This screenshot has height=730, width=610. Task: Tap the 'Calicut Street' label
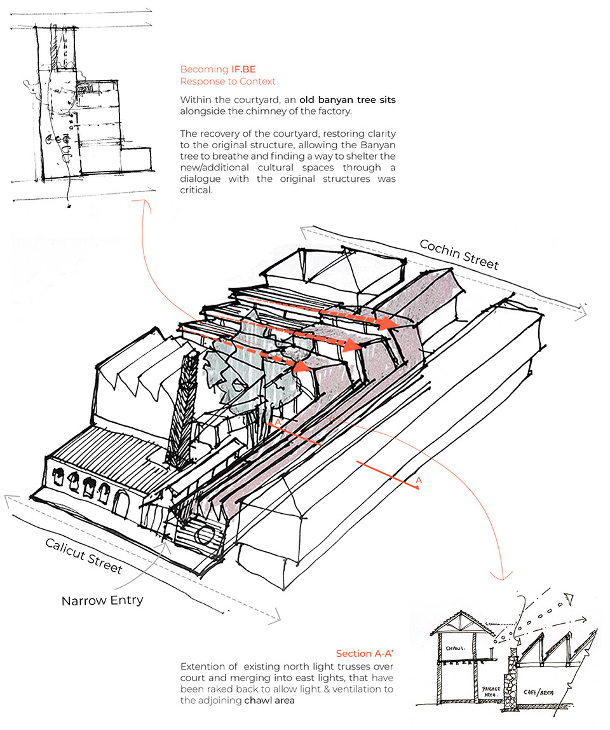click(83, 554)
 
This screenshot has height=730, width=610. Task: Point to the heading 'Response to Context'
click(227, 81)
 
